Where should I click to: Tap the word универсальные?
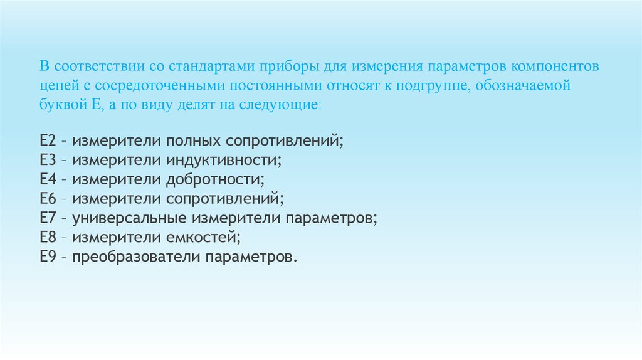pyautogui.click(x=124, y=219)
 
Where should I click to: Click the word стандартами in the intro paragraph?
pyautogui.click(x=206, y=66)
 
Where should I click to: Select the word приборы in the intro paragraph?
pyautogui.click(x=276, y=66)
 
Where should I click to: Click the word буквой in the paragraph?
pyautogui.click(x=59, y=103)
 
